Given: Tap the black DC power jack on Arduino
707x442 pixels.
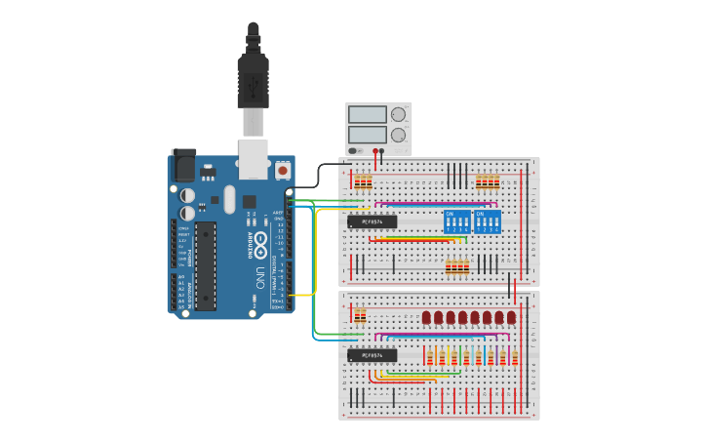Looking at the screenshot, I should [x=183, y=165].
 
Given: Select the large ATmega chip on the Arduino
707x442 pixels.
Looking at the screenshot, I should [x=205, y=265].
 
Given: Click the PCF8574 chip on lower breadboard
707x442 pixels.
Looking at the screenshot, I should [x=373, y=355].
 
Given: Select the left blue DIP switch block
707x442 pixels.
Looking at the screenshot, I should [x=456, y=221].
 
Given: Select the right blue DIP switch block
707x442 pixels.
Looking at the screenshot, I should [x=487, y=221].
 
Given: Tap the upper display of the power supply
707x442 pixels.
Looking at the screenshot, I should [x=368, y=114].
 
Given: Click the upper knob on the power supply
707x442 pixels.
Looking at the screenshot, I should [x=398, y=114].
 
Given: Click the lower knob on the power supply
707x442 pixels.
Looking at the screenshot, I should [x=398, y=135].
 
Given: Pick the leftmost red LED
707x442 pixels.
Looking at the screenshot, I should [x=427, y=319].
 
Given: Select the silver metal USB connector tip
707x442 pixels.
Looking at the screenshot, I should [x=253, y=123].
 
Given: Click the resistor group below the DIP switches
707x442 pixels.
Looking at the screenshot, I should [x=456, y=267].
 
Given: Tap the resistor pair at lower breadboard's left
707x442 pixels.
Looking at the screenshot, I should [x=361, y=316].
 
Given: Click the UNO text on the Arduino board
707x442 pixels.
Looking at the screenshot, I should [x=259, y=275].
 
